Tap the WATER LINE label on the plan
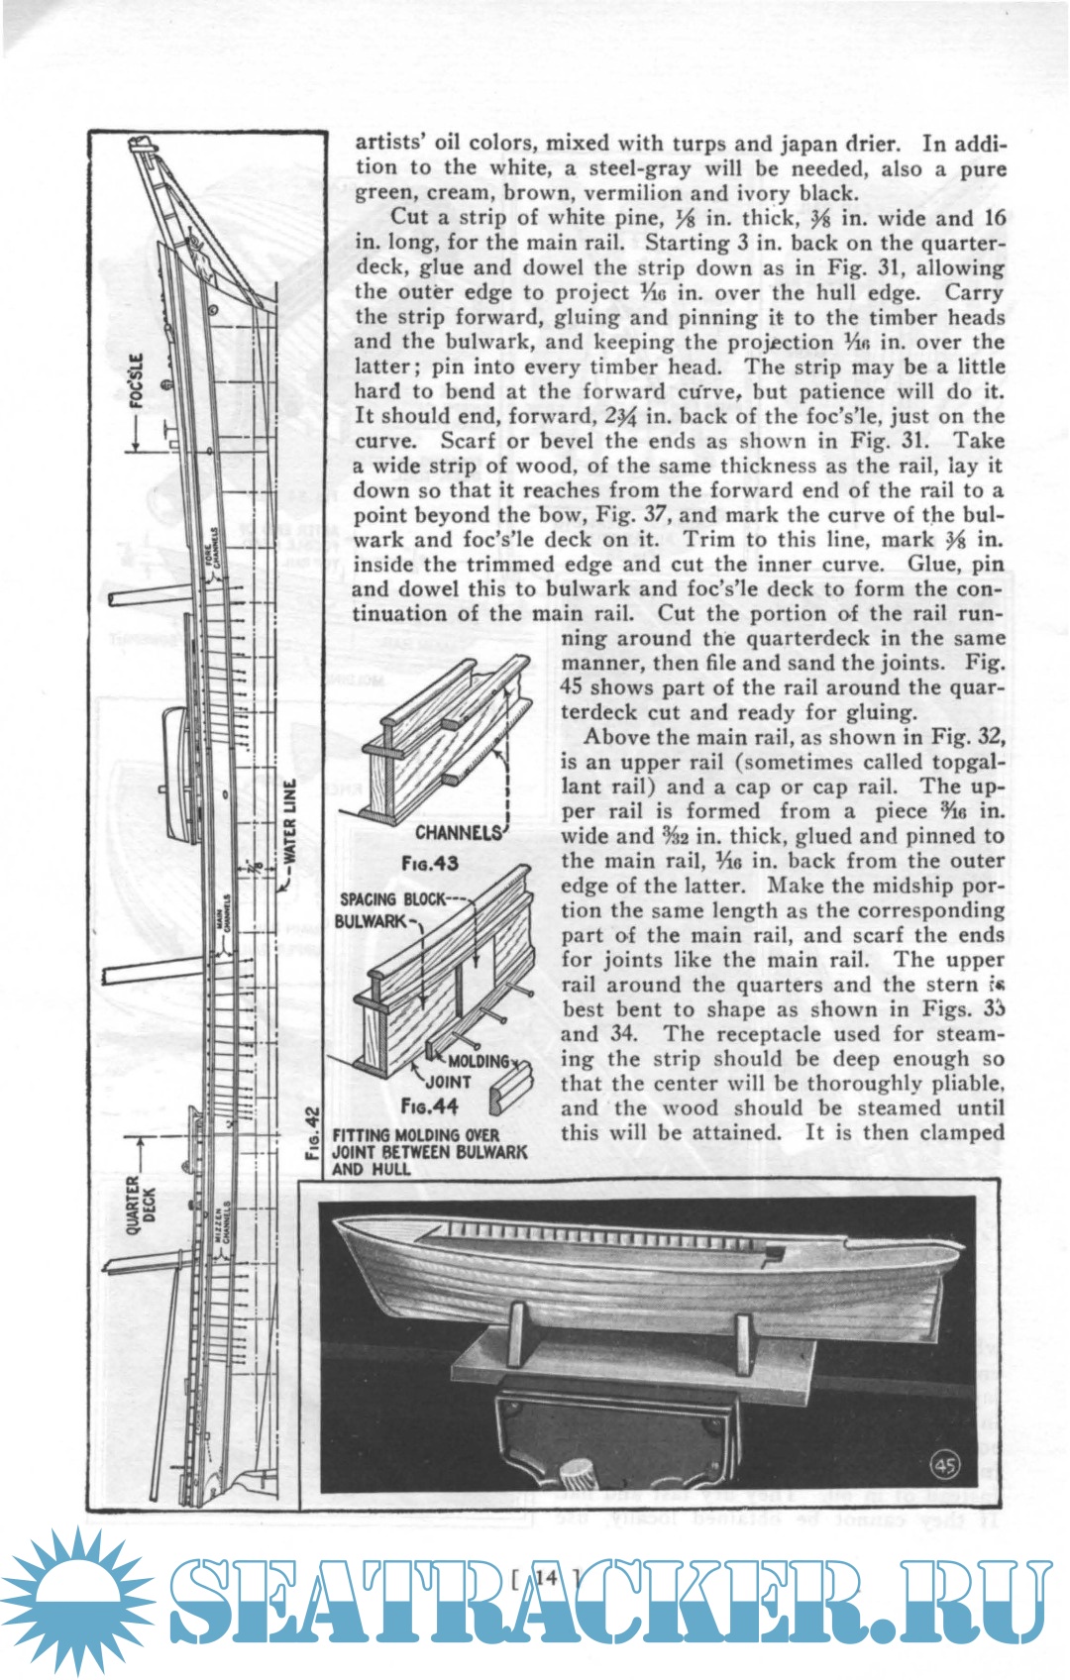click(x=289, y=823)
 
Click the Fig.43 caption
click(x=429, y=863)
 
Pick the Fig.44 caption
click(x=429, y=1105)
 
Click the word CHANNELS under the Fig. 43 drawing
click(x=459, y=833)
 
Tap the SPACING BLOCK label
click(x=392, y=899)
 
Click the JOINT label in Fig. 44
click(x=448, y=1082)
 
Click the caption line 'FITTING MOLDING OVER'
click(x=415, y=1135)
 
